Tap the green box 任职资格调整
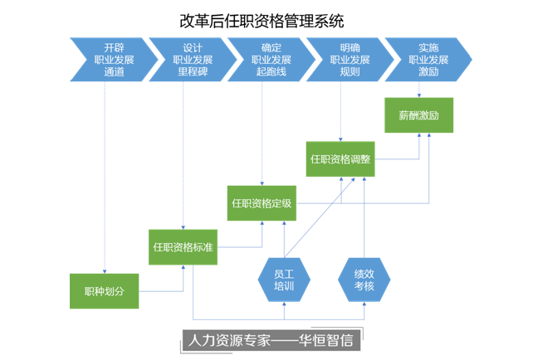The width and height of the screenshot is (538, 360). click(340, 158)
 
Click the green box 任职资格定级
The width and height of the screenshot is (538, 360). click(262, 202)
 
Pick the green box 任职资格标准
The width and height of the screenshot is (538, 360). click(183, 247)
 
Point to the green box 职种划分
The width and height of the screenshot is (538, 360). click(103, 290)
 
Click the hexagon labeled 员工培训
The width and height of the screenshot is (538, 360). click(284, 279)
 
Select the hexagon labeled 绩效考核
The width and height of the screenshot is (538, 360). click(364, 279)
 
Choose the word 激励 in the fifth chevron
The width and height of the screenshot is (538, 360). click(429, 71)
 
